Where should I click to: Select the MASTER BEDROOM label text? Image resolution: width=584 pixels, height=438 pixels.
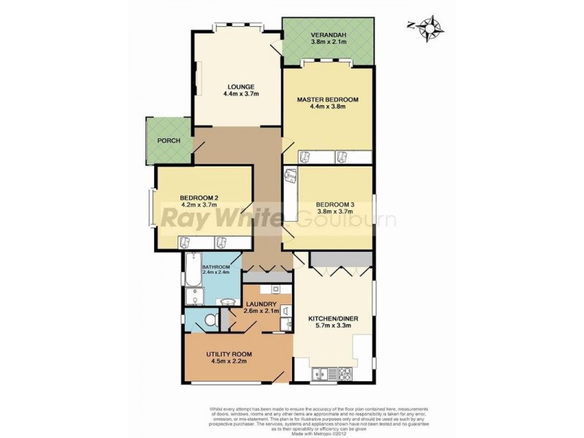click(x=327, y=99)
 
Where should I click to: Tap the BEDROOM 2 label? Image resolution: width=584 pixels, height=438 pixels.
click(x=199, y=197)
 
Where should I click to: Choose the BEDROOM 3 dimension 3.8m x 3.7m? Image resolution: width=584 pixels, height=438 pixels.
click(x=335, y=212)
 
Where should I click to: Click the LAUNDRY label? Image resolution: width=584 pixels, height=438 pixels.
click(x=261, y=304)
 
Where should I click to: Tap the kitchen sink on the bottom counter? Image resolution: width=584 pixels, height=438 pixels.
click(x=320, y=375)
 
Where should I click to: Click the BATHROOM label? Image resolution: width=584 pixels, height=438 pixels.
click(x=216, y=267)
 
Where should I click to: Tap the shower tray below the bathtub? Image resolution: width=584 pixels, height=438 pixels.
click(x=193, y=296)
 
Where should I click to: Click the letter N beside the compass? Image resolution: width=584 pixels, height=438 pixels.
click(x=411, y=26)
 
